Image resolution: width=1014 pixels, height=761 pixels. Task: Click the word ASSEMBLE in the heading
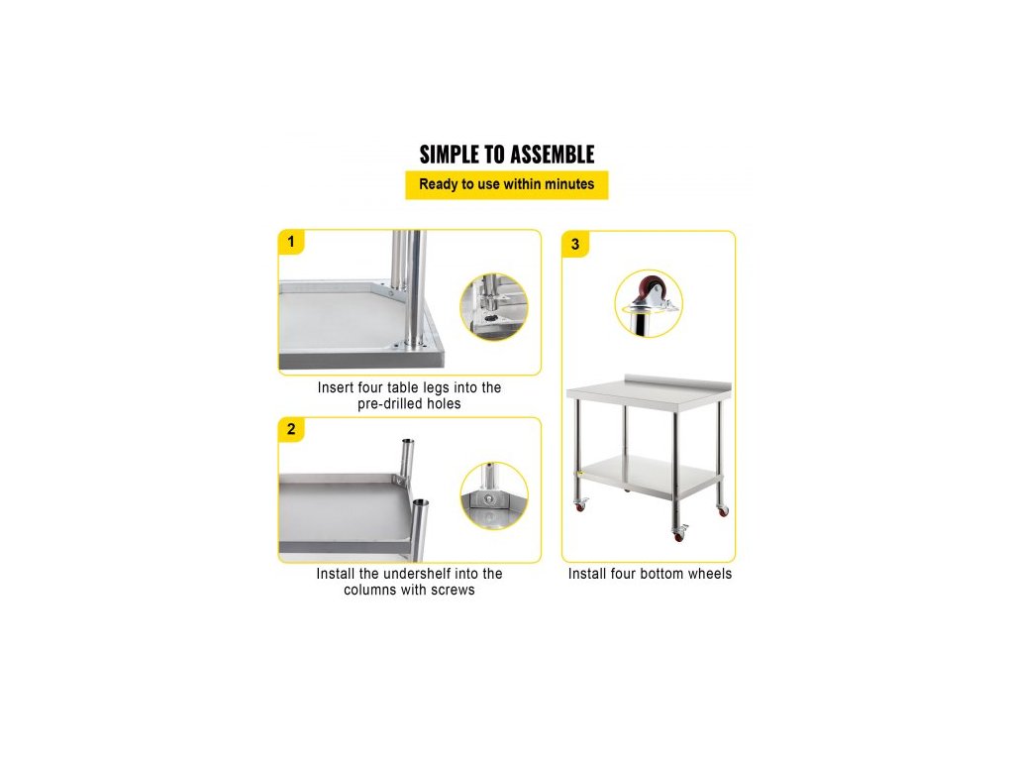pos(551,155)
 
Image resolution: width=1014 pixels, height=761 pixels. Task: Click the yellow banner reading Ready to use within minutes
pos(506,184)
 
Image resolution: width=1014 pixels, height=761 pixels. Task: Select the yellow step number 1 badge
pos(291,242)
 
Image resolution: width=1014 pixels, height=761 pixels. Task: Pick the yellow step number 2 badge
pos(291,429)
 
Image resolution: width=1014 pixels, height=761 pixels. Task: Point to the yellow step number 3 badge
pos(575,245)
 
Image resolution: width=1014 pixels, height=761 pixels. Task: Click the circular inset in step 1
pos(493,307)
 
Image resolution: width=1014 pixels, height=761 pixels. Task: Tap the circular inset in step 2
pos(493,495)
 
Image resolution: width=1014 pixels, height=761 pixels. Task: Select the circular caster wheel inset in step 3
pos(649,303)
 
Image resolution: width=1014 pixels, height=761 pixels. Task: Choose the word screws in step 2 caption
pos(455,591)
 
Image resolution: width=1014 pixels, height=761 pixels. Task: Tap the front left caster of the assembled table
pos(580,504)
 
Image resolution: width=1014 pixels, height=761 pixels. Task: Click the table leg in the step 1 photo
pos(412,288)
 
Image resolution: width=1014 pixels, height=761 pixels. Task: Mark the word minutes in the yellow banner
pos(569,184)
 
